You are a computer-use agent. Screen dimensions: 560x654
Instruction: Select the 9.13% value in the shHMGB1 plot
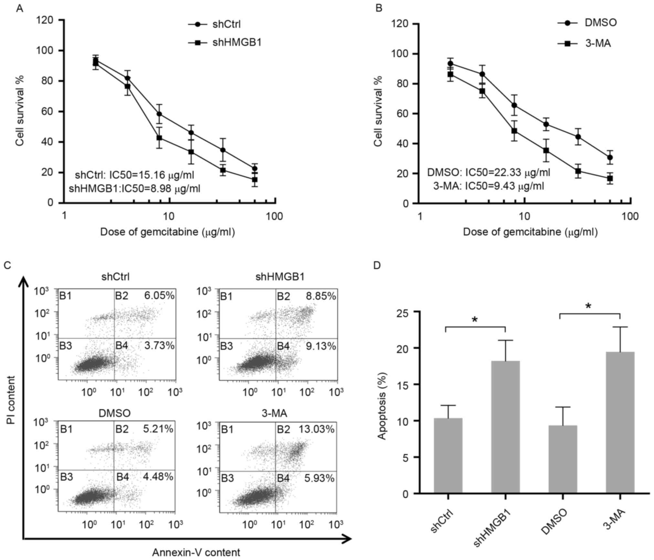321,346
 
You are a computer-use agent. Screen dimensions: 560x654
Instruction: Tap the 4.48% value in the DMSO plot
158,476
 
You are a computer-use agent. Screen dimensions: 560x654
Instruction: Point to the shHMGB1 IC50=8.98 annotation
134,188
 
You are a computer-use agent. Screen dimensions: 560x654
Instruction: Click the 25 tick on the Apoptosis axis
405,312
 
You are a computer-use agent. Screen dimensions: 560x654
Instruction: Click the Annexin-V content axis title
196,552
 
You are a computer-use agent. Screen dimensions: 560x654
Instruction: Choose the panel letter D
377,265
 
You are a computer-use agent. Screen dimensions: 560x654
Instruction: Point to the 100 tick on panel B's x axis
630,216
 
